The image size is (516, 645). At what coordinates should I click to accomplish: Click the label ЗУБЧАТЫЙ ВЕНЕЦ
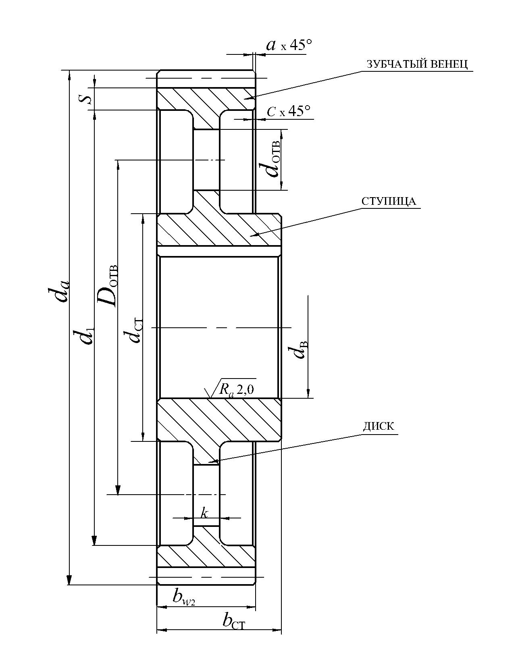(x=417, y=64)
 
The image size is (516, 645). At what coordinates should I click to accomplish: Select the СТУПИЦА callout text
(x=389, y=202)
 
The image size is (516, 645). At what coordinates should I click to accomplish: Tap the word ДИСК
(x=379, y=426)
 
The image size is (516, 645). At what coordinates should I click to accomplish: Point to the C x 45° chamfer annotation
(x=288, y=111)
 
